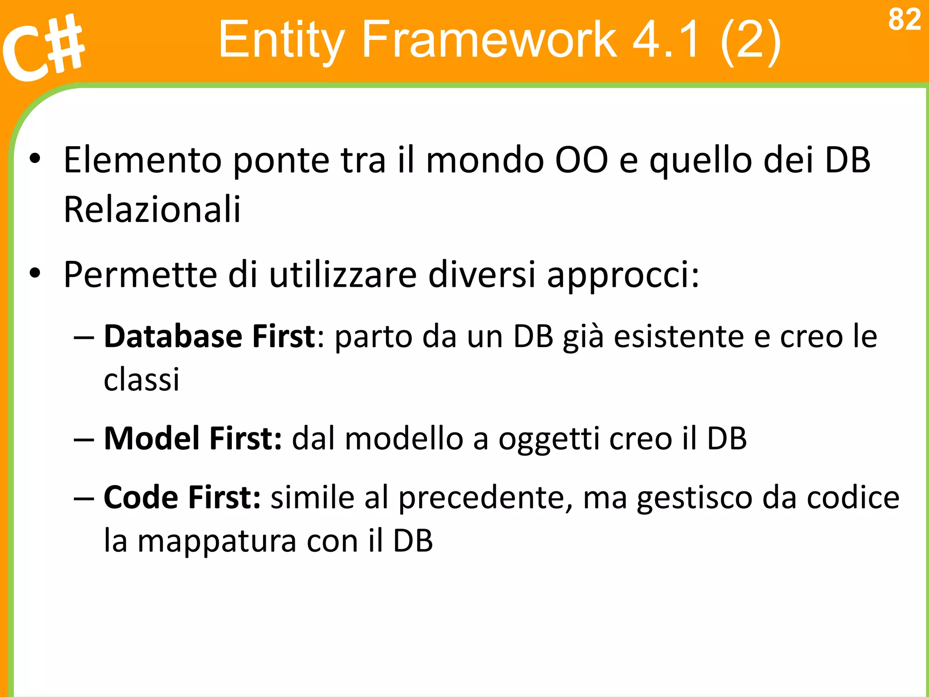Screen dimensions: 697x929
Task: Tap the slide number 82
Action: [904, 20]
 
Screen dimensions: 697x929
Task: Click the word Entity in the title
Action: [281, 41]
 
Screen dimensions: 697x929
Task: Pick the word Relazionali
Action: [152, 210]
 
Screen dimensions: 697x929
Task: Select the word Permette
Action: [140, 275]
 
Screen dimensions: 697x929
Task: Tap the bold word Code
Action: [141, 498]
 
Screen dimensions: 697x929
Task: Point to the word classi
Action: [142, 379]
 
